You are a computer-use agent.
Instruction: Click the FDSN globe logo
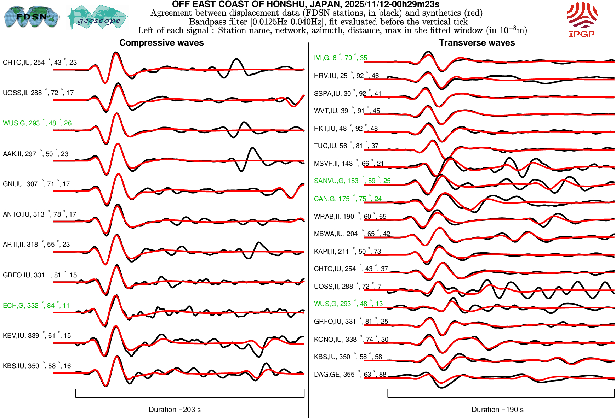31,17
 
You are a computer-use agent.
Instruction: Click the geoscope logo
98,18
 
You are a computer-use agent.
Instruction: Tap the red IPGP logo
582,20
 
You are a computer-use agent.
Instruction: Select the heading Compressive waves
161,43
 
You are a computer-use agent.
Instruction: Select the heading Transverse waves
477,43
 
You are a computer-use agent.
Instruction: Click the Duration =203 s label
175,410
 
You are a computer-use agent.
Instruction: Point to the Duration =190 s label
497,410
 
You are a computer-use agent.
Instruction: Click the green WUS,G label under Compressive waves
37,123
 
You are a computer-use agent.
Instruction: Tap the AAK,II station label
35,154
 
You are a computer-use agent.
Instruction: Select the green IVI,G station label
340,58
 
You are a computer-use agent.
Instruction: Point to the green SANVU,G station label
352,181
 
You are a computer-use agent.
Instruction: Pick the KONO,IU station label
351,340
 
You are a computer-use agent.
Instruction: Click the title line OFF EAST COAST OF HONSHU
306,4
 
